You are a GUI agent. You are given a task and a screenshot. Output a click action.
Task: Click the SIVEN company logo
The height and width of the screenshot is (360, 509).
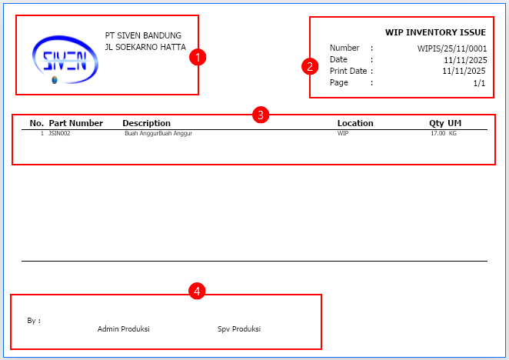tap(65, 60)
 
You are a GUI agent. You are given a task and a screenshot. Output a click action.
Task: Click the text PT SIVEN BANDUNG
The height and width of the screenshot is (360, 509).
tap(143, 35)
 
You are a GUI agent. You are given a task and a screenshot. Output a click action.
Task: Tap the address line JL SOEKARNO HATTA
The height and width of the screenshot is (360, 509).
tap(145, 47)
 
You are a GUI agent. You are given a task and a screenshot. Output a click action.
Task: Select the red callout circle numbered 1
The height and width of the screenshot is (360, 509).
tap(198, 57)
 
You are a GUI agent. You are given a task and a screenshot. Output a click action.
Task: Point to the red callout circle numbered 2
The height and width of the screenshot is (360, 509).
tap(310, 66)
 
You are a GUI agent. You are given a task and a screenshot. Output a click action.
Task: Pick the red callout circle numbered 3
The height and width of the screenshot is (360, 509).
tap(261, 115)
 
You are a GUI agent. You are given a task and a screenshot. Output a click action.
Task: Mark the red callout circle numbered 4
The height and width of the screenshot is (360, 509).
tap(197, 291)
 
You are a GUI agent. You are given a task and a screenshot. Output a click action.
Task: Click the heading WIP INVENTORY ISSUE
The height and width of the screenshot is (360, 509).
tap(435, 32)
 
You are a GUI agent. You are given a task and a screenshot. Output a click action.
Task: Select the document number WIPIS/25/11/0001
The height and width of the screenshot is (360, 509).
tap(452, 48)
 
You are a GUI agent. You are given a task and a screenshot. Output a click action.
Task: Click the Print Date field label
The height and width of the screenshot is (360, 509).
tap(348, 71)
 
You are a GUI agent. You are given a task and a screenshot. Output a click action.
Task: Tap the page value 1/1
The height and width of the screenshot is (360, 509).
tap(479, 83)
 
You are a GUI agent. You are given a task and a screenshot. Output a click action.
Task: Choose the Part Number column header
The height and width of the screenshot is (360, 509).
tap(75, 123)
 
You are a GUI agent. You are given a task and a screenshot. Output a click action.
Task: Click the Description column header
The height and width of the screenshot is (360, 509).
tap(146, 123)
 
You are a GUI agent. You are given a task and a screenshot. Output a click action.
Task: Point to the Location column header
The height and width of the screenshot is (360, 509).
tap(355, 123)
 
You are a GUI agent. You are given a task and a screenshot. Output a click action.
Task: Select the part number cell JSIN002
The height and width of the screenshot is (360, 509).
tap(59, 133)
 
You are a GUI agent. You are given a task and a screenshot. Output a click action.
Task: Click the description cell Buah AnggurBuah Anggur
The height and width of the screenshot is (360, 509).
tap(158, 133)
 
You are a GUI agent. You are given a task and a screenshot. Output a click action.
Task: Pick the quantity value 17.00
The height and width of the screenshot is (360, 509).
tap(438, 133)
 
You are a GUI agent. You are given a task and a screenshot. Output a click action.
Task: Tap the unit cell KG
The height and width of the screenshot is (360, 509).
tap(453, 133)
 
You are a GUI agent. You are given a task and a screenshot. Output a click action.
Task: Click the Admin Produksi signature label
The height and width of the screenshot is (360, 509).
tap(123, 328)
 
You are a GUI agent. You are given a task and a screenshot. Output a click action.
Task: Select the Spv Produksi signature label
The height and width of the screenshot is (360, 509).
tap(239, 328)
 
